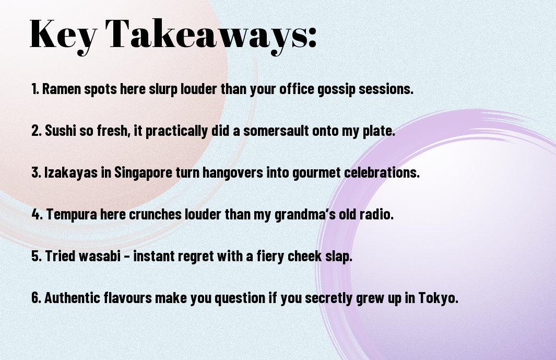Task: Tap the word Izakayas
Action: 70,173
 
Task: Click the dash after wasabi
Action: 127,257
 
